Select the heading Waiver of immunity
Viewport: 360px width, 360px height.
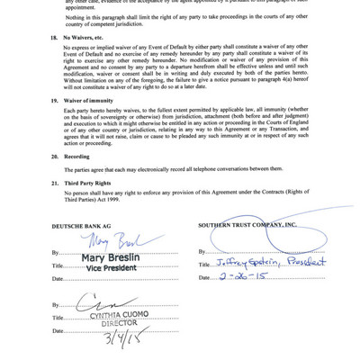pos(94,101)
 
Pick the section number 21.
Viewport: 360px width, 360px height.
pos(55,182)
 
